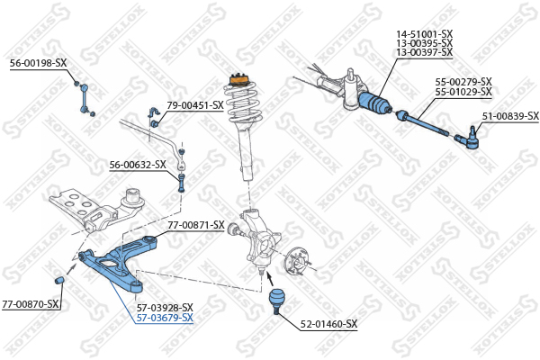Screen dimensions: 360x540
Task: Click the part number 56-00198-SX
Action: click(39, 63)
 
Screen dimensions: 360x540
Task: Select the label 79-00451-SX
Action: click(194, 105)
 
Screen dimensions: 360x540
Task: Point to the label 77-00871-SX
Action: click(193, 225)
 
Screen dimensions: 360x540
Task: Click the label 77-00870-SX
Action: click(31, 303)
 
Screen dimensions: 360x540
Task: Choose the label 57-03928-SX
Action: click(165, 307)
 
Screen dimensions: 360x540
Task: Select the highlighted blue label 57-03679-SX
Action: click(165, 318)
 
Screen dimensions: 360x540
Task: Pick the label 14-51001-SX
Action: click(425, 34)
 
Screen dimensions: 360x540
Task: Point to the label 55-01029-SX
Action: click(463, 92)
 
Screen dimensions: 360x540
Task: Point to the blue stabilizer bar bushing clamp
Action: click(152, 115)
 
